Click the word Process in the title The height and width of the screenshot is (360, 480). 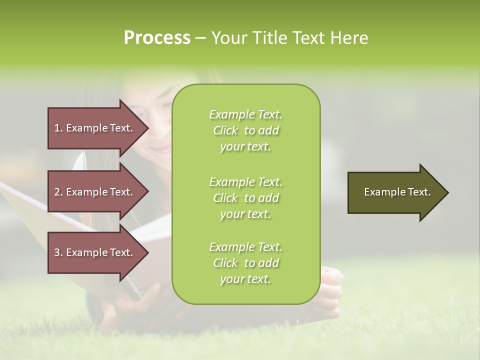pos(157,38)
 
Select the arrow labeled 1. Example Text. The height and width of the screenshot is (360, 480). pos(95,128)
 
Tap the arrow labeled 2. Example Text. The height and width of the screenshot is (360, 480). pos(95,192)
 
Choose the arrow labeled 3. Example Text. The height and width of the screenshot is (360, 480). pos(95,252)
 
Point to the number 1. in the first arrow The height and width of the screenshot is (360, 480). pos(58,128)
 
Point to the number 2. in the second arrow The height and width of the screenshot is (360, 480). pos(58,192)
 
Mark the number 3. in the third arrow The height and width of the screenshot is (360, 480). pos(58,252)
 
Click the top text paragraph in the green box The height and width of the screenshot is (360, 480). pos(245,130)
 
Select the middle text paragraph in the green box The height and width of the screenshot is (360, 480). pos(245,198)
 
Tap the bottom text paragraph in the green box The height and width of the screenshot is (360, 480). pos(245,263)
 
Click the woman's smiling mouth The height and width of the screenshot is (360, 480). pos(161,149)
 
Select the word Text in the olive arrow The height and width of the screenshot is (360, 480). pos(418,192)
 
